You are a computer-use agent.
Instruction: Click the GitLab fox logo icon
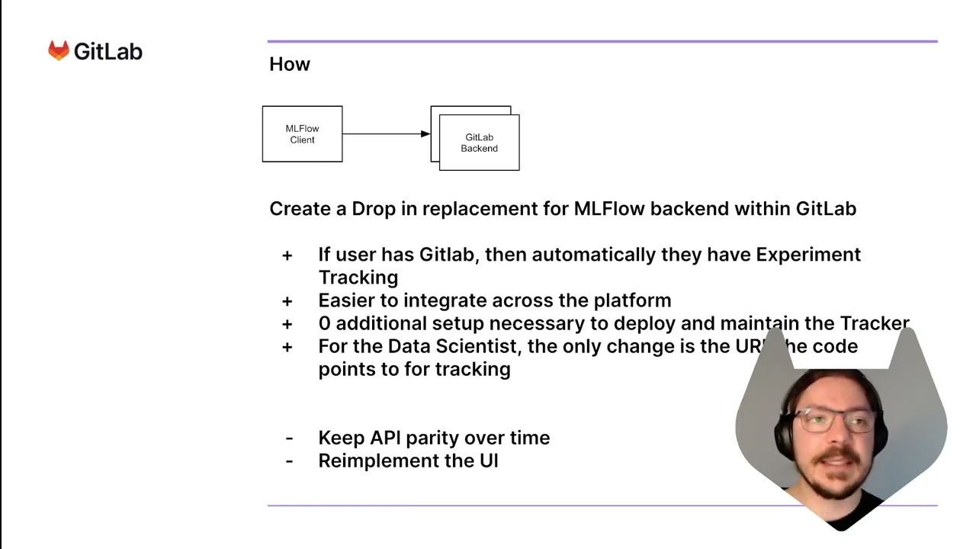[59, 51]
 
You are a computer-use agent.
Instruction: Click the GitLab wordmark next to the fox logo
[108, 52]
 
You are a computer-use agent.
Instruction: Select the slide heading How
[290, 65]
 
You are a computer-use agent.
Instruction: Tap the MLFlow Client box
[302, 134]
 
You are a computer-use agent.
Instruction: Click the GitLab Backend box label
[479, 143]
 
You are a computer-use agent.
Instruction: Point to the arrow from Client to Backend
[386, 134]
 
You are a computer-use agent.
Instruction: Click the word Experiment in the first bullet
[807, 255]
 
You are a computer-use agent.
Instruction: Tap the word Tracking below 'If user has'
[358, 278]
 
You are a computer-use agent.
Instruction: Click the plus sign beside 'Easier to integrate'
[287, 301]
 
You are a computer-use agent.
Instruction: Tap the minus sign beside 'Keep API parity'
[289, 438]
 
